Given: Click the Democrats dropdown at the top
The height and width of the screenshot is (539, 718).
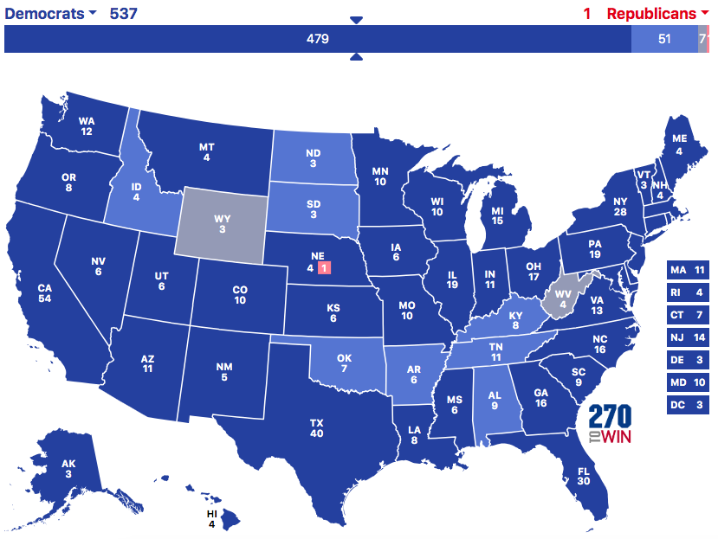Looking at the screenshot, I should point(50,14).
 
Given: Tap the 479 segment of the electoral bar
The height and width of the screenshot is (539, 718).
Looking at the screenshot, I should point(317,40).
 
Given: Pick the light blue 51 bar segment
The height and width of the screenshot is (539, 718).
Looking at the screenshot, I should point(663,40).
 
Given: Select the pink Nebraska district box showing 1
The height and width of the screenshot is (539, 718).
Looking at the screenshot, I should point(323,268).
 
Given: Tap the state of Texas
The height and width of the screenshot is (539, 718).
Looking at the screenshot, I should point(316,424).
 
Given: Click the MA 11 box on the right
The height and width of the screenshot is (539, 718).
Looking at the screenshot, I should point(689,271).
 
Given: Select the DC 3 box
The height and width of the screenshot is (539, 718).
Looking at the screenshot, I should point(689,406).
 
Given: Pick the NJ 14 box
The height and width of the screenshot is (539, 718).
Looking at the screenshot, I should point(689,338).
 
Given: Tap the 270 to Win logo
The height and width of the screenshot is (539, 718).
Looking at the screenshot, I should point(610,424).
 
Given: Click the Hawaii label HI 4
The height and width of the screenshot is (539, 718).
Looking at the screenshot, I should point(211,517).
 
